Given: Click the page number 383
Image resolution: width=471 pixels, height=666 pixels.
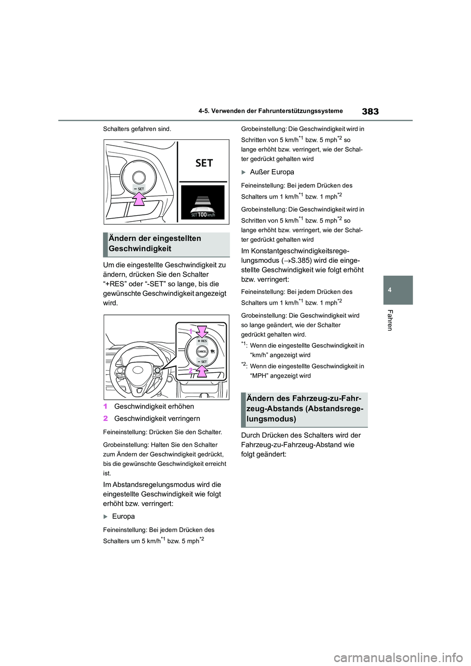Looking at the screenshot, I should coord(370,112).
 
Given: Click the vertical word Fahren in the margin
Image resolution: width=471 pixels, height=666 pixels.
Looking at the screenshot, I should coord(390,320).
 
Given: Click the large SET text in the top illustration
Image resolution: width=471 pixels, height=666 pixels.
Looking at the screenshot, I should coord(204,163).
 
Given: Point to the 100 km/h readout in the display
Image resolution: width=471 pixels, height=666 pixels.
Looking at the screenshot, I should coord(203,214).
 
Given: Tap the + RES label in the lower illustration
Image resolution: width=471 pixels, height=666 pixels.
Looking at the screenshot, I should coord(202,340).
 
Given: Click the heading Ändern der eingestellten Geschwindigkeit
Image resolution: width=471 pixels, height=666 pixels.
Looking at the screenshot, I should coord(155,243).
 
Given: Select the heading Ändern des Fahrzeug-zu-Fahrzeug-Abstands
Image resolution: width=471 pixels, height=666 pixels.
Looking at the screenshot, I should coord(304,409).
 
